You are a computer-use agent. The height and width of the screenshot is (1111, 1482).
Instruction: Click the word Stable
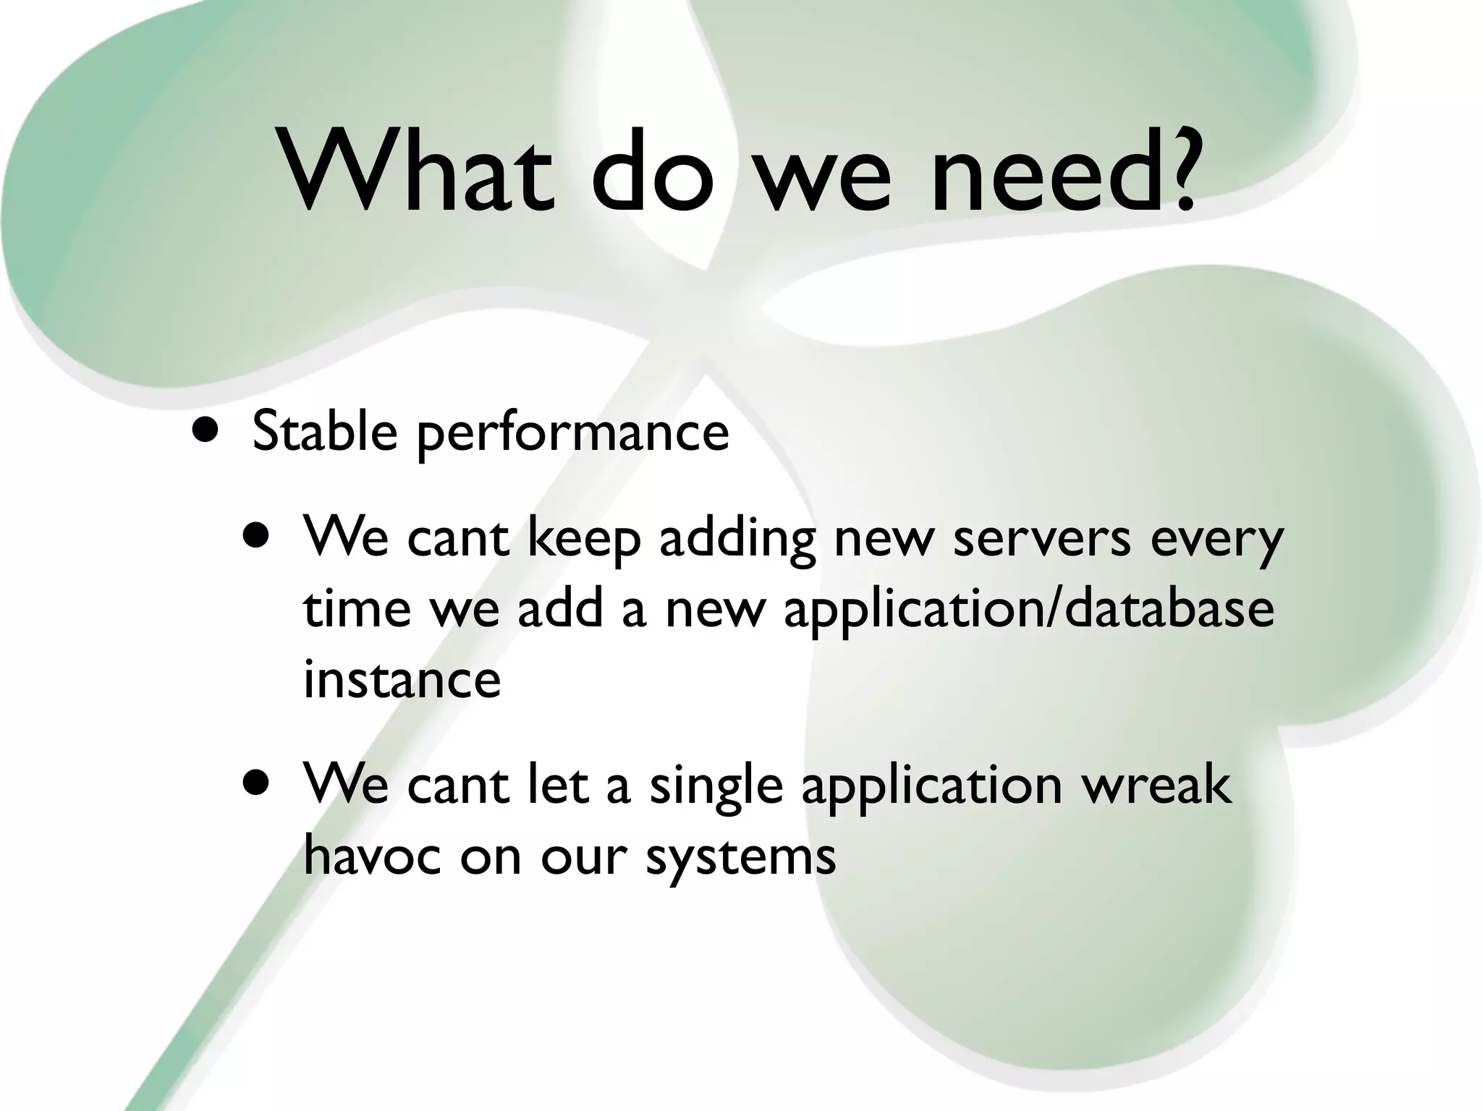pos(325,432)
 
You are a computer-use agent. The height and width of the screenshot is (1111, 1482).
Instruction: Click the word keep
pos(583,539)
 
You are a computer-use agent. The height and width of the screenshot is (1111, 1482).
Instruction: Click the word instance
pos(402,680)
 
